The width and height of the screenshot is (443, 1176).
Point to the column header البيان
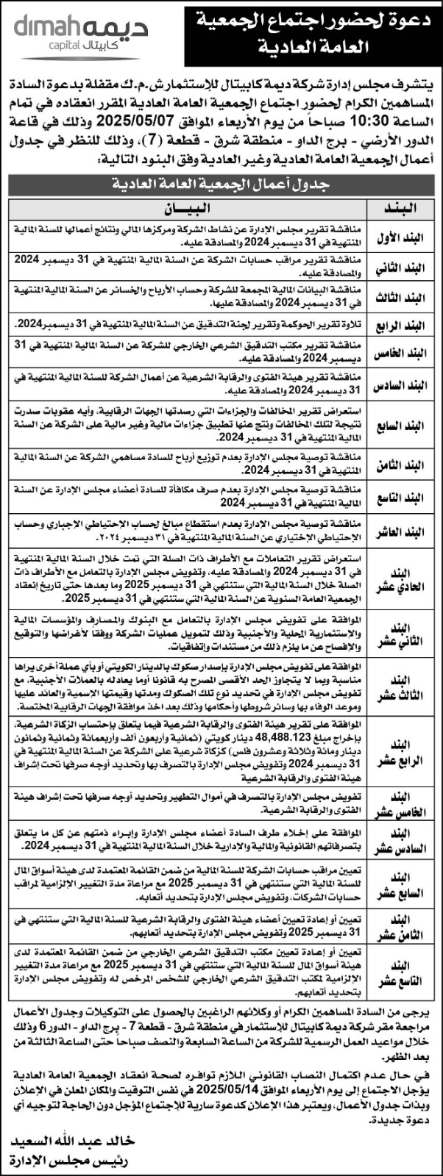[x=190, y=208]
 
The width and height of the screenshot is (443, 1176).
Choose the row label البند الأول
[x=403, y=235]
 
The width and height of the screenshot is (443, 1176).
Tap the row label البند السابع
[x=403, y=425]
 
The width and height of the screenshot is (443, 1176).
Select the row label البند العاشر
[x=403, y=531]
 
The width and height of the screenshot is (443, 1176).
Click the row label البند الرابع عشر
[x=403, y=753]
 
